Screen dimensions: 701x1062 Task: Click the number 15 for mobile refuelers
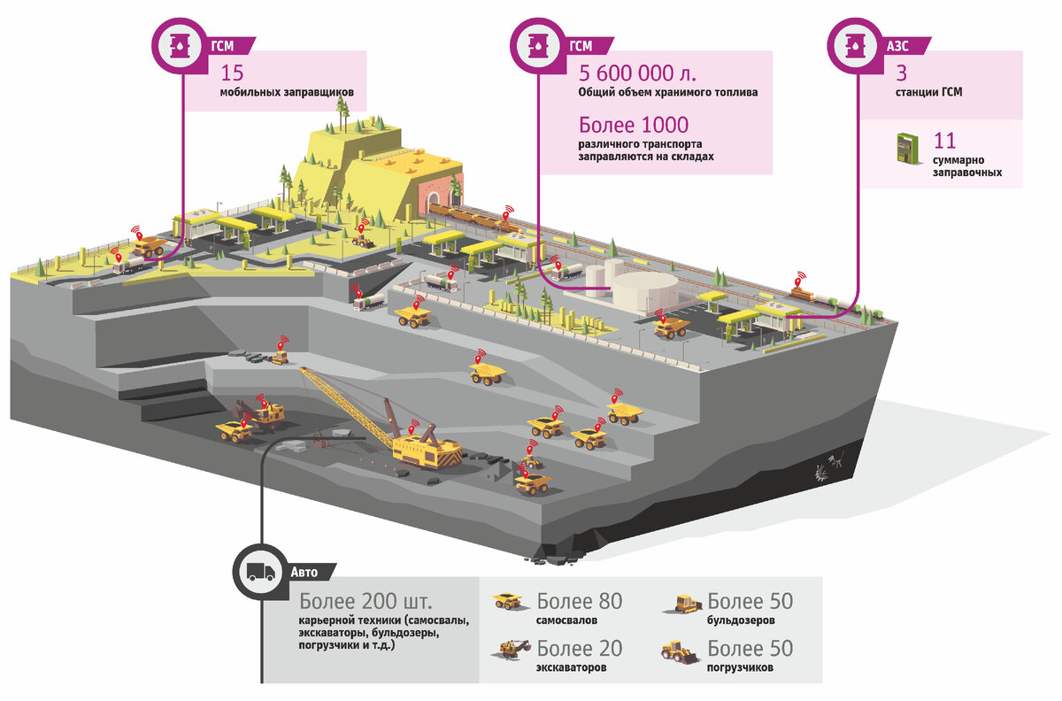click(x=232, y=74)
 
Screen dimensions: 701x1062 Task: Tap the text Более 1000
click(x=634, y=125)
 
